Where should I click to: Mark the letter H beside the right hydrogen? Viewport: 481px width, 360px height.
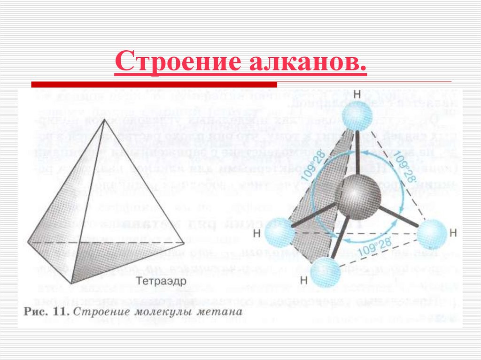tap(453, 232)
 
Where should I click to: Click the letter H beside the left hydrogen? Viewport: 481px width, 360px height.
tap(257, 233)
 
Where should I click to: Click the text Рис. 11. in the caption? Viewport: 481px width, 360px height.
tap(47, 311)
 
